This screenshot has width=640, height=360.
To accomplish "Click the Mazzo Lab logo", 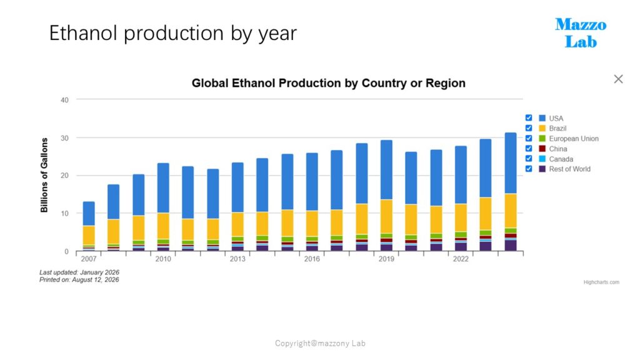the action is click(581, 32).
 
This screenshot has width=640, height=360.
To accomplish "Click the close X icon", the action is click(618, 79).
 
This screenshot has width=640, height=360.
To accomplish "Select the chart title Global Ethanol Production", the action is click(329, 83).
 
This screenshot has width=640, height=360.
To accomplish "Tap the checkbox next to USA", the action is click(529, 118).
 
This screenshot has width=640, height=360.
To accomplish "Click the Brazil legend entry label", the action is click(557, 128).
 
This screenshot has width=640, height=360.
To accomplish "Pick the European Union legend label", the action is click(574, 138).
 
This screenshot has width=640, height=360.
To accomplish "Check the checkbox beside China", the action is click(529, 149).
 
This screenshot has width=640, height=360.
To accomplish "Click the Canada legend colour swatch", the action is click(542, 159).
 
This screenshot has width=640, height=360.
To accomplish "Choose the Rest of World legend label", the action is click(570, 169).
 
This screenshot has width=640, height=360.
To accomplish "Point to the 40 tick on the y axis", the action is click(64, 100).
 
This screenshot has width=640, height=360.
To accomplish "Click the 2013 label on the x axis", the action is click(237, 259).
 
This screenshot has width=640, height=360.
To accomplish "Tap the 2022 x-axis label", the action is click(461, 259).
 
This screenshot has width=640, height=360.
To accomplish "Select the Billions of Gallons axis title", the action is click(44, 175).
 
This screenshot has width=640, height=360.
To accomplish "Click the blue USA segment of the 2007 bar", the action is click(89, 214).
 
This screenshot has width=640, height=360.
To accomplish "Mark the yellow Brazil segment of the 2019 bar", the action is click(386, 216).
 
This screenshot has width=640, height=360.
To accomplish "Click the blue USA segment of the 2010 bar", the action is click(163, 188).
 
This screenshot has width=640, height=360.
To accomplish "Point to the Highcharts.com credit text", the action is click(601, 282).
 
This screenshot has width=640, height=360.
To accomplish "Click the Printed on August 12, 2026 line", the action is click(79, 279).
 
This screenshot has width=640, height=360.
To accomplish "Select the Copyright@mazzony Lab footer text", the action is click(320, 343).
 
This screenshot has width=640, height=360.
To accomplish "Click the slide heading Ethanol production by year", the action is click(172, 33).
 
